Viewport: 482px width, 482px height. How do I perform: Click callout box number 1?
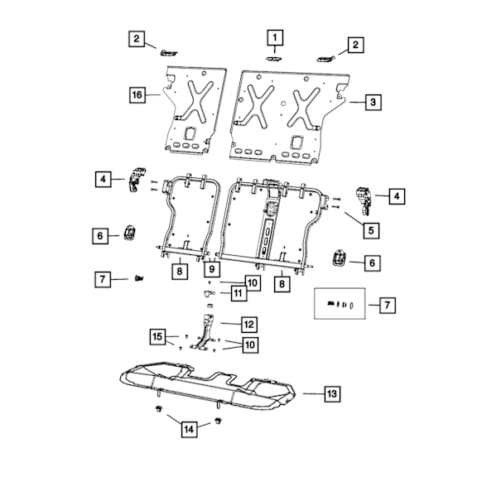[275, 37]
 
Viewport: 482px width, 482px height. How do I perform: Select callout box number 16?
[137, 94]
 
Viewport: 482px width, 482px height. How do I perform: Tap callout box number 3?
[374, 102]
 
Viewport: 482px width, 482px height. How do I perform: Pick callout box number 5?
[371, 230]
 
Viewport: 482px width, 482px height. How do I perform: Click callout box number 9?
[212, 269]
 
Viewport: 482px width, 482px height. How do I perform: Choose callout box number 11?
[239, 293]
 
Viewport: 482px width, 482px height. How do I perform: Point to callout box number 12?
[249, 325]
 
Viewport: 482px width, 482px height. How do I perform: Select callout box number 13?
[332, 393]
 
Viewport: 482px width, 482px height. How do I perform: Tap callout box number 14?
[189, 429]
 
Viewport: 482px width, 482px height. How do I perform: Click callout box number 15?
[157, 336]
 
